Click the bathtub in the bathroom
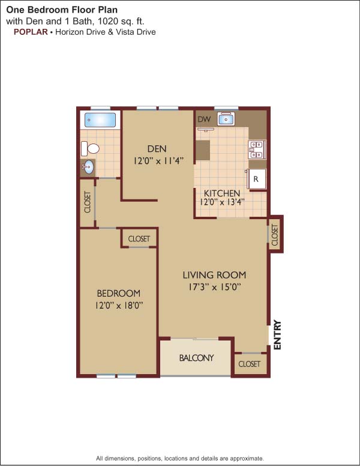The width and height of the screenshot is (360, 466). click(100, 120)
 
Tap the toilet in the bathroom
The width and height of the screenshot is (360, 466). click(90, 148)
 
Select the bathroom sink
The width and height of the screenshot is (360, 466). click(88, 168)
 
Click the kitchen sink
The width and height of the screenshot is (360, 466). click(226, 120)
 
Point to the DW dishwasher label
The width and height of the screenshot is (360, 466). click(204, 120)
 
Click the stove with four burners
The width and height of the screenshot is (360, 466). click(256, 150)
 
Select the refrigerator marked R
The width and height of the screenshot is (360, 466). click(256, 179)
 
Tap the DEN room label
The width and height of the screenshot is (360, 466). click(157, 148)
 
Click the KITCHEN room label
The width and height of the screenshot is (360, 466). click(222, 193)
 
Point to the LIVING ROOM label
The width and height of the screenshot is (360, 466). click(214, 275)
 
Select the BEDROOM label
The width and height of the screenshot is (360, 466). click(119, 293)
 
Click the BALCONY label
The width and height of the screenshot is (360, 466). click(196, 358)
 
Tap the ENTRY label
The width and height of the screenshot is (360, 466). click(277, 334)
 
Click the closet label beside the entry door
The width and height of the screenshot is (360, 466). click(249, 364)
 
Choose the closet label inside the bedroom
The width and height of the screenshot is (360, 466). click(139, 239)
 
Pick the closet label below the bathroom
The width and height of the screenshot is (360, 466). click(88, 202)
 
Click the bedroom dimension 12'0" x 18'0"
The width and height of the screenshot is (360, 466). click(119, 306)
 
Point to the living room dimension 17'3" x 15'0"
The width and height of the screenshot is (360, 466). click(214, 287)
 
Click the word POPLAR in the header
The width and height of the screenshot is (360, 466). click(31, 32)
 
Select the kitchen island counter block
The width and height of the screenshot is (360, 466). click(203, 150)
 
